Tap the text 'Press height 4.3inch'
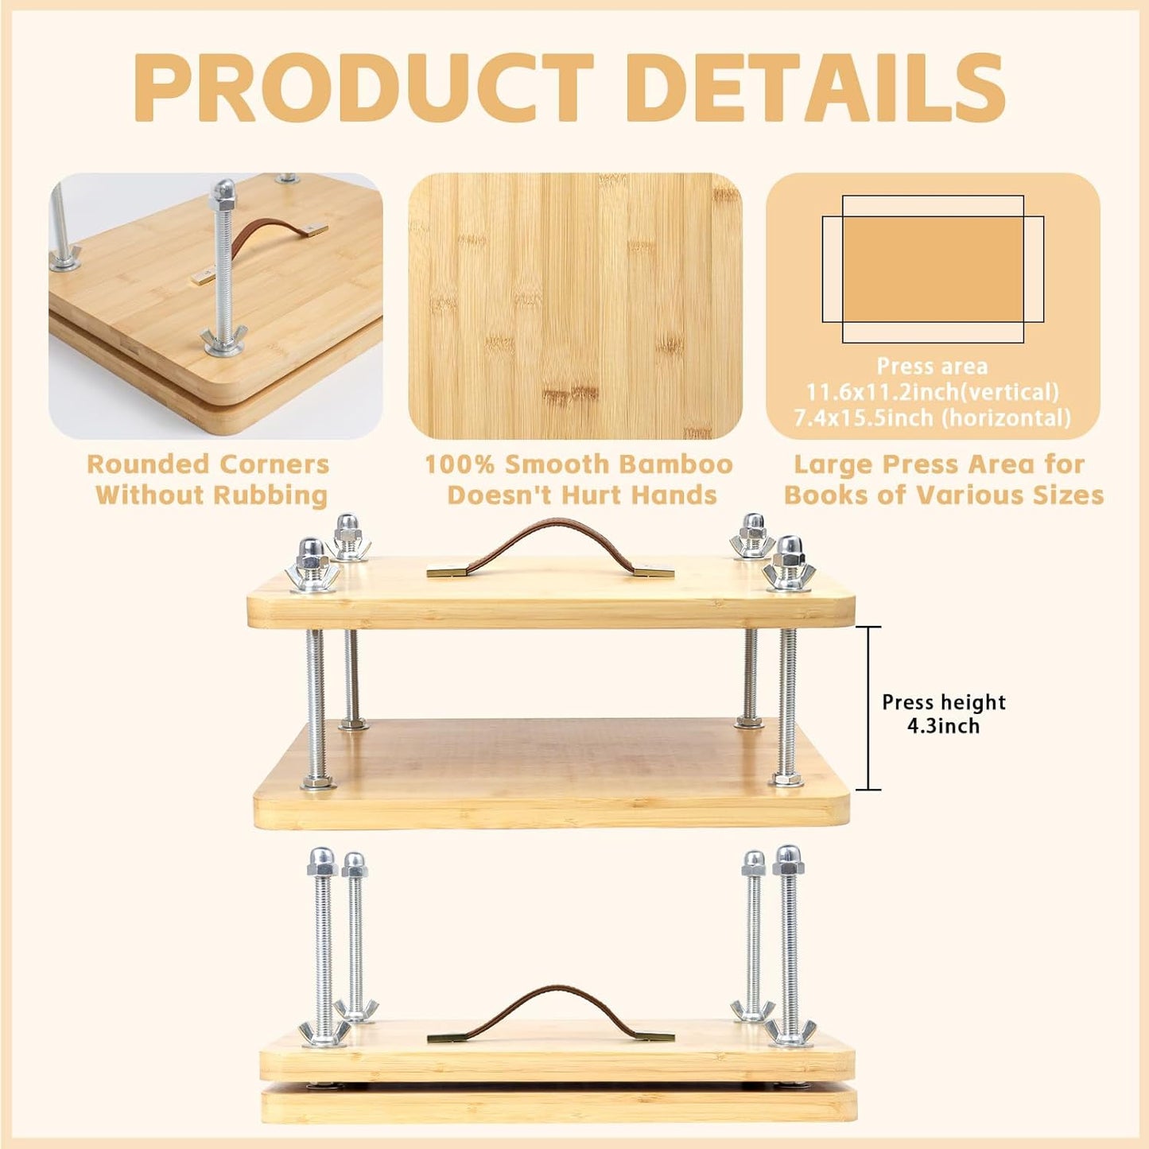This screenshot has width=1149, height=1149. (943, 713)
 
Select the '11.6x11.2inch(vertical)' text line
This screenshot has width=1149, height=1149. (933, 392)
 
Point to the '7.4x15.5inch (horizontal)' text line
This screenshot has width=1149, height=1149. (933, 417)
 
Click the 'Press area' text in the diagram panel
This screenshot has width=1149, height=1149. (932, 367)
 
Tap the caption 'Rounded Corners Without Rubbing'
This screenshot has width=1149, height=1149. (209, 479)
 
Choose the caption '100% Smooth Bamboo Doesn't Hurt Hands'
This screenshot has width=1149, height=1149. (580, 479)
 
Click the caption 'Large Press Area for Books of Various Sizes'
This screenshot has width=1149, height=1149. (943, 479)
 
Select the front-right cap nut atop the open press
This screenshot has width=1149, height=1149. (790, 548)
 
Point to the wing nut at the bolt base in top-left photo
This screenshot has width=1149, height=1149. (223, 341)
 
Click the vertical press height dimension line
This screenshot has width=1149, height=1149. (868, 708)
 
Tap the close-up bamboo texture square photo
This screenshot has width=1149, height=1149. (575, 306)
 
